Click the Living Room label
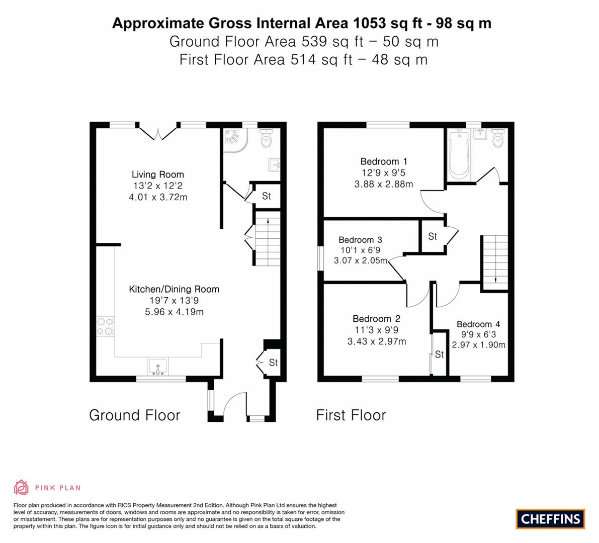[x=158, y=174]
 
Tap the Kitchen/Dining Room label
[x=174, y=289]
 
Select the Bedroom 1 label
[x=384, y=161]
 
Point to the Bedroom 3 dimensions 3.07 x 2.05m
[x=361, y=261]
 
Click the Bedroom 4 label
[x=478, y=324]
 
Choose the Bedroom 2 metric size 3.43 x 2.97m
[x=377, y=341]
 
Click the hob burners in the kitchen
[x=105, y=327]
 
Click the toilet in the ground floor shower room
[x=266, y=138]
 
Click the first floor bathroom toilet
[x=497, y=138]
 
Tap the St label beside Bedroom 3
[x=433, y=236]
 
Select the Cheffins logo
[x=551, y=519]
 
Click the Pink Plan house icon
[x=22, y=487]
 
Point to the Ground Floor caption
[x=134, y=415]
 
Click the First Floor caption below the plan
[x=351, y=415]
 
